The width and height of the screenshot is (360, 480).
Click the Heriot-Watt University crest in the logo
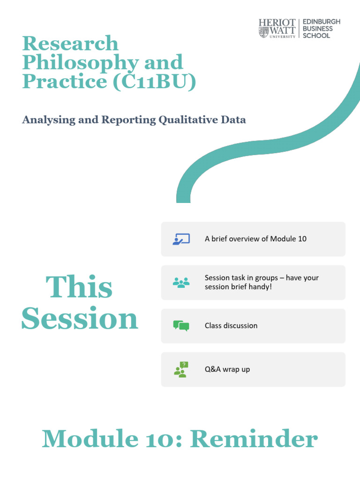tap(263, 32)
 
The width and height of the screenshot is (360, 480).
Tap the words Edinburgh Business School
tap(321, 29)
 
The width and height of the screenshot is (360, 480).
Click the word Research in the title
tap(70, 44)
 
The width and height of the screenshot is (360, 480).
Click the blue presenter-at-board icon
tap(181, 239)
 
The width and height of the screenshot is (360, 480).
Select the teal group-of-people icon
tap(181, 282)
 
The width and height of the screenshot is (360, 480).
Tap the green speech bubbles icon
tap(181, 326)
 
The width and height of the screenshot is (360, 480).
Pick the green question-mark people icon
tap(181, 369)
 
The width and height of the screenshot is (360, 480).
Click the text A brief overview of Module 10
tap(255, 239)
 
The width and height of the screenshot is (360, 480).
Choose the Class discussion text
tap(231, 325)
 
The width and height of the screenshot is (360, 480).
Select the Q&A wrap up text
tap(227, 369)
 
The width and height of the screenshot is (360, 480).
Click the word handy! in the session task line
tap(261, 286)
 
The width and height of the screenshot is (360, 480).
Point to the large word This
tap(79, 287)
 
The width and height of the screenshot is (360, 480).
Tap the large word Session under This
tap(80, 319)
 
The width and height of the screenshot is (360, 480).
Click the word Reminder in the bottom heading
tap(254, 440)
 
